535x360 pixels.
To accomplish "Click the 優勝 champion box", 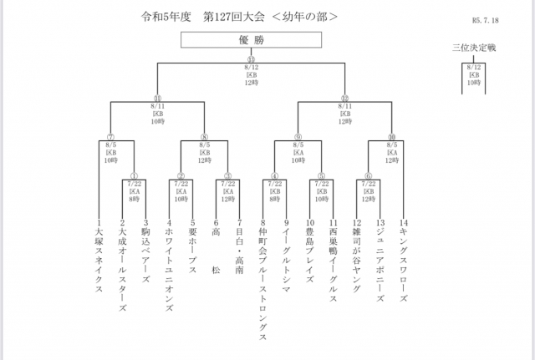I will (x=250, y=39).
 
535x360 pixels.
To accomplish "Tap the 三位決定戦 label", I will (x=474, y=48).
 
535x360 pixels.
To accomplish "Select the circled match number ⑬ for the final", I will (x=250, y=58).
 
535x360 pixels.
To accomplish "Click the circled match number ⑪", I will (x=157, y=99).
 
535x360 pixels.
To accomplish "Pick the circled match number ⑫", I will (x=344, y=99).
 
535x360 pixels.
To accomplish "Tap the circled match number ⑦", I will (x=110, y=138).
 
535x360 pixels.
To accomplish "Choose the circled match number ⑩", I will (x=392, y=138).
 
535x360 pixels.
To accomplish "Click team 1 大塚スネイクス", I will (x=99, y=255).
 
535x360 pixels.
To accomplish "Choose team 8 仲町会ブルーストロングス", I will (x=263, y=280).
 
